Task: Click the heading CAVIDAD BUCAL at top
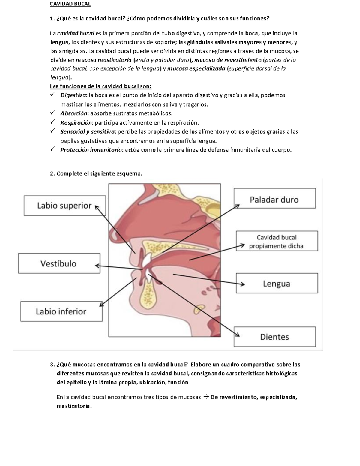point(70,4)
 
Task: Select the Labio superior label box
point(64,206)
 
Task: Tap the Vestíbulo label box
point(59,263)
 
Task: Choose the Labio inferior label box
point(61,311)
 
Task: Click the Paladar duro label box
point(274,198)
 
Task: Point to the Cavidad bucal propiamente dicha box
point(277,241)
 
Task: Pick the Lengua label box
point(277,283)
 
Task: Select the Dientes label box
point(274,337)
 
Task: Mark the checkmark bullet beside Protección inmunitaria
point(52,149)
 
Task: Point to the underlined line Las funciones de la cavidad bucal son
point(100,86)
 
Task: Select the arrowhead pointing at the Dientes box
point(237,335)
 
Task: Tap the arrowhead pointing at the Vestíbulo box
point(97,266)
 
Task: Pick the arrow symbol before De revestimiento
point(206,397)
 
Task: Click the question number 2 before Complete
point(52,173)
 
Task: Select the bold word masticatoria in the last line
point(73,406)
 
